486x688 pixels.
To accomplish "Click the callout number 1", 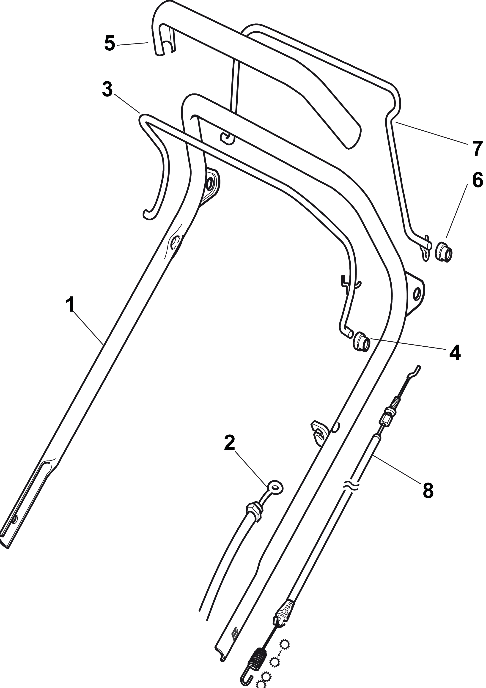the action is (x=70, y=305).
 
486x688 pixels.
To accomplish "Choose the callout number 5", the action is (x=110, y=44).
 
